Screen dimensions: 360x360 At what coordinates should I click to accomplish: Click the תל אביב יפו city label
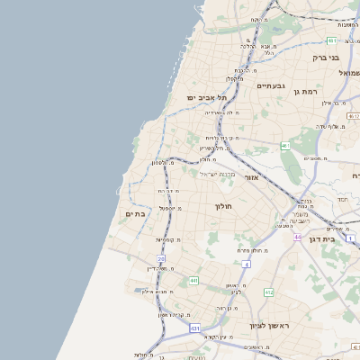click(205, 96)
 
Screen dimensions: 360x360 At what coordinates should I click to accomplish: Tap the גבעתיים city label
click(270, 85)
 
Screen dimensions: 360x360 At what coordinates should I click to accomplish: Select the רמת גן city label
click(318, 92)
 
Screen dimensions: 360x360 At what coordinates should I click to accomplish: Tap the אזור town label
click(251, 177)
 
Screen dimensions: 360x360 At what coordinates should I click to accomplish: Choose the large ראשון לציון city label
click(271, 326)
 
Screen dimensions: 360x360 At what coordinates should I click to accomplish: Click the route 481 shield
click(331, 40)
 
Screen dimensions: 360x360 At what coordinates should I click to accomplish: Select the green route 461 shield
click(285, 146)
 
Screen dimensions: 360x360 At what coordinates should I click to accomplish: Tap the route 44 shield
click(296, 238)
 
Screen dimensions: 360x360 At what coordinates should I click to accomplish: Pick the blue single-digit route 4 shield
click(246, 264)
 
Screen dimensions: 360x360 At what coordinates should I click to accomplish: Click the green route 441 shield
click(193, 281)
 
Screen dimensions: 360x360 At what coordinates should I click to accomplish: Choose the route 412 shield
click(268, 292)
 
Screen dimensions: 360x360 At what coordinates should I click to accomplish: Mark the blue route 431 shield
click(194, 328)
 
